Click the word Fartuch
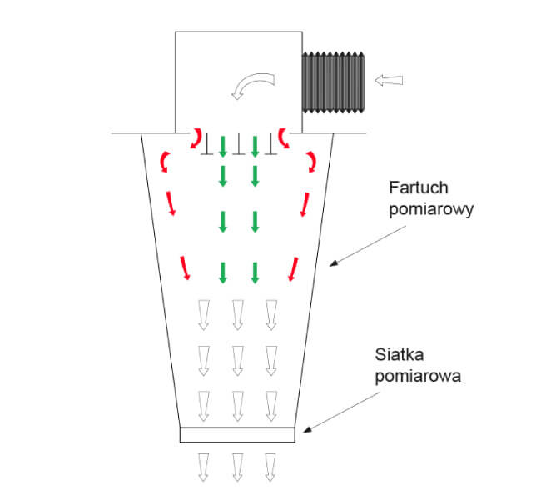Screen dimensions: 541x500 419,187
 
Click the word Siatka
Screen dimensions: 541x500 400,354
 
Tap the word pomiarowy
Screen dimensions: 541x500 431,210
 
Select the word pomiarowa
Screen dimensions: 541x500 418,377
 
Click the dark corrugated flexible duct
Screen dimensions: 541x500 333,82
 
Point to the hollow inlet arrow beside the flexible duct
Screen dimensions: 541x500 389,80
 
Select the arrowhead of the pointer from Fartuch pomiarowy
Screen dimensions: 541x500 333,263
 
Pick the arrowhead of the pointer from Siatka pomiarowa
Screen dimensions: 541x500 307,429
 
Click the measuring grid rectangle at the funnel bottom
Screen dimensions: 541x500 237,434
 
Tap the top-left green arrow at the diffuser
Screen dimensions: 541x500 223,147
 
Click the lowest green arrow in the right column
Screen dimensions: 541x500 255,273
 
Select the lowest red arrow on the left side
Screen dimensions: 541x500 185,267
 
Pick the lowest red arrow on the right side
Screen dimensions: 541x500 293,269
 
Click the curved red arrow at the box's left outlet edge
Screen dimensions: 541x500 196,138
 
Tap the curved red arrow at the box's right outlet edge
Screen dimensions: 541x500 284,138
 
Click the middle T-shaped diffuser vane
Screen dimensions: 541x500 238,144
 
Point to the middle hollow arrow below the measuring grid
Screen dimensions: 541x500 237,467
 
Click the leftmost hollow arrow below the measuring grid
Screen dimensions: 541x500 204,467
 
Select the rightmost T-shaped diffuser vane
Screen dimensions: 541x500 270,144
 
